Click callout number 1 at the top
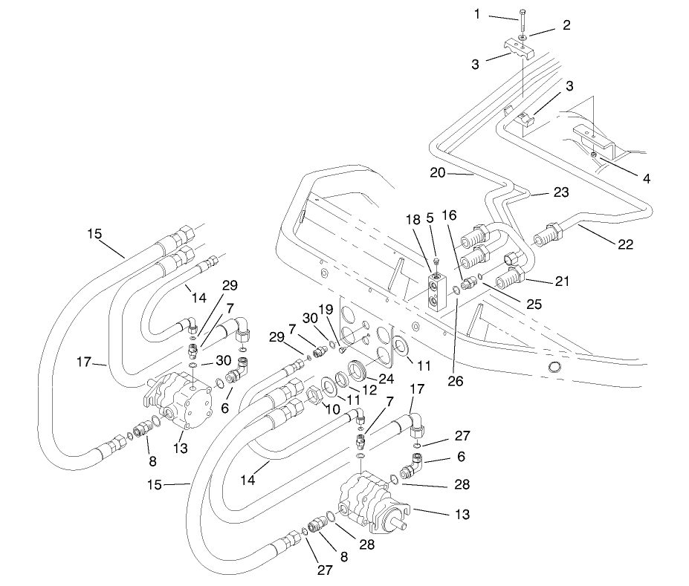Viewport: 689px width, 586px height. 477,14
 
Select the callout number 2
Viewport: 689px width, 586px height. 566,25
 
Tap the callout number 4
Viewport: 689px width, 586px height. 647,178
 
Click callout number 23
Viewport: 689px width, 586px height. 560,192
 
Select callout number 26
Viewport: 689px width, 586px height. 455,382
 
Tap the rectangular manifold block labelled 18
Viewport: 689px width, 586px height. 436,290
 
